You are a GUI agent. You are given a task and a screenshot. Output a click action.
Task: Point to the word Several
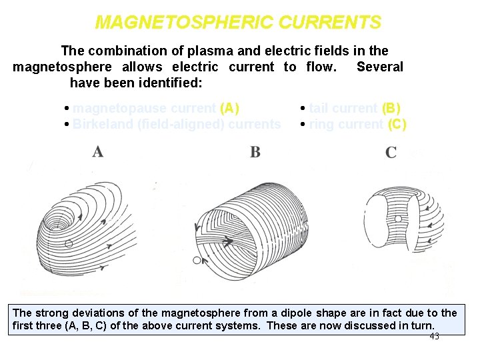380,67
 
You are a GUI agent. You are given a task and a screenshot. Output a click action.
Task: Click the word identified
172,83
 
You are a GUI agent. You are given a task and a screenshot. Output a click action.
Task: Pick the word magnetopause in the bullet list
111,108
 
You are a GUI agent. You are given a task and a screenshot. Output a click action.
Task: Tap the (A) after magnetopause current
229,108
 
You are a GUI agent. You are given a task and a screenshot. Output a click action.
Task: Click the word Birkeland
102,124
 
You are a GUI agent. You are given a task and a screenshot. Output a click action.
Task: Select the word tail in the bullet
319,108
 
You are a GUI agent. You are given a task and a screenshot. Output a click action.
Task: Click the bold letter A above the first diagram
98,152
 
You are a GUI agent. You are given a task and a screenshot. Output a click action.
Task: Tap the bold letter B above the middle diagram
255,153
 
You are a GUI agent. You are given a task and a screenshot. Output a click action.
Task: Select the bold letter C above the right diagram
391,153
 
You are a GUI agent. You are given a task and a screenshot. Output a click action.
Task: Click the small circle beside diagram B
197,260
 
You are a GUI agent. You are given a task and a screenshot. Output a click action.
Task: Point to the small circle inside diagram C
398,219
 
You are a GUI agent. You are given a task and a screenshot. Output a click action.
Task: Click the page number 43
434,337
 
